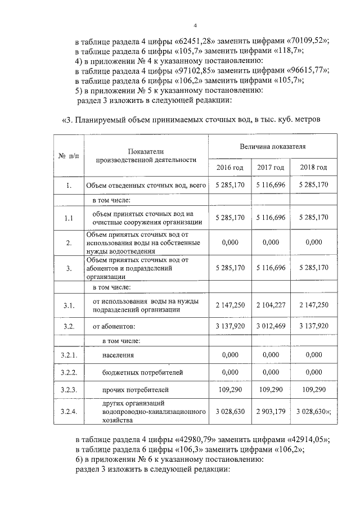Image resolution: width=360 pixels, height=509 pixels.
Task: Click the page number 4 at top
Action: point(195,26)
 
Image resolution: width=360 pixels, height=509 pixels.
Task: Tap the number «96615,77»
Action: point(308,70)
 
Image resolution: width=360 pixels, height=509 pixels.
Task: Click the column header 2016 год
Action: point(229,168)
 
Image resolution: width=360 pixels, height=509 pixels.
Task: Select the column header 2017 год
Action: point(271,168)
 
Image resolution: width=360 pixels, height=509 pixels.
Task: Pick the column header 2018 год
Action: point(313,168)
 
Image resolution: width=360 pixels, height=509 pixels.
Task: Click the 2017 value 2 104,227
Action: point(271,304)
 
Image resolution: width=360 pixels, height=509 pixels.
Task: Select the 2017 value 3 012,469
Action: point(271,326)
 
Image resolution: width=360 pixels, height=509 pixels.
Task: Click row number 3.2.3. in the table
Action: point(68,389)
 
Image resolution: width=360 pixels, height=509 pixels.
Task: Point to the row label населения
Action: point(118,355)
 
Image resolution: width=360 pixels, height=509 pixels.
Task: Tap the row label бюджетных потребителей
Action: point(135,372)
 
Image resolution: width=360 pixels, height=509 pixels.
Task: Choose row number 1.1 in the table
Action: point(68,218)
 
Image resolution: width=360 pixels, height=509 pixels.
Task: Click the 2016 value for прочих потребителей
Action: point(229,389)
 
